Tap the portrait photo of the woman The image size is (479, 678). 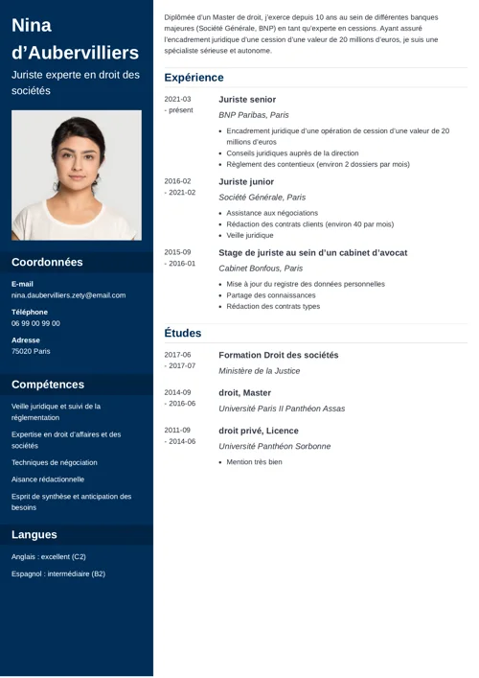click(77, 175)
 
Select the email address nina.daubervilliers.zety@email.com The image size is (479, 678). click(68, 295)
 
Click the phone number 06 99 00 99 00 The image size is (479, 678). click(35, 323)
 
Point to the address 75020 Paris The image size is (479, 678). click(32, 351)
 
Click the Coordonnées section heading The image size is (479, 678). click(47, 262)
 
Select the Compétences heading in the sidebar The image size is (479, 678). click(48, 385)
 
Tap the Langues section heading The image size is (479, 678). click(34, 534)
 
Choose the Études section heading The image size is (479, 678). click(183, 333)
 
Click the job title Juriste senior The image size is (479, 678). click(247, 99)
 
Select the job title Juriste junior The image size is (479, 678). click(246, 180)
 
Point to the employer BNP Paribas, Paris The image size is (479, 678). click(254, 115)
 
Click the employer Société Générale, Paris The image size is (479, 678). click(262, 197)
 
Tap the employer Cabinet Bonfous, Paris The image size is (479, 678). click(261, 269)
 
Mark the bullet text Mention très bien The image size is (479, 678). click(255, 462)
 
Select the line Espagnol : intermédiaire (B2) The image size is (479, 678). click(58, 573)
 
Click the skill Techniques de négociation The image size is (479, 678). click(55, 462)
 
